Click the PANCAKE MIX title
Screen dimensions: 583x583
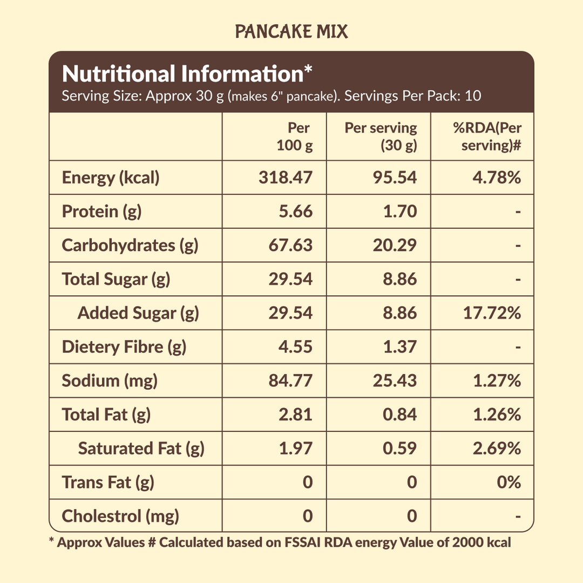point(291,32)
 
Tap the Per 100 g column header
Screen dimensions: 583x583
point(295,137)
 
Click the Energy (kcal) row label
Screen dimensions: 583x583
point(111,178)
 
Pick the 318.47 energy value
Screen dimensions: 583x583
point(286,178)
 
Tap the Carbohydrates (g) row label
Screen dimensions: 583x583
point(130,245)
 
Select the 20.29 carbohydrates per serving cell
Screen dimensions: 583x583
point(395,245)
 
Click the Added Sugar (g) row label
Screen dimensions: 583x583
point(138,313)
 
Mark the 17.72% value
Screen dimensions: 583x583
point(492,313)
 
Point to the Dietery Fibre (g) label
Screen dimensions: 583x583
point(124,347)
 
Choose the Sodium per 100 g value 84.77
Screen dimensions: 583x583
point(291,381)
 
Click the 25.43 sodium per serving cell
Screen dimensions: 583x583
point(395,381)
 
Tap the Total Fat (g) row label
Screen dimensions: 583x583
point(106,414)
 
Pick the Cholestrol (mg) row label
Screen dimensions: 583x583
point(120,516)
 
